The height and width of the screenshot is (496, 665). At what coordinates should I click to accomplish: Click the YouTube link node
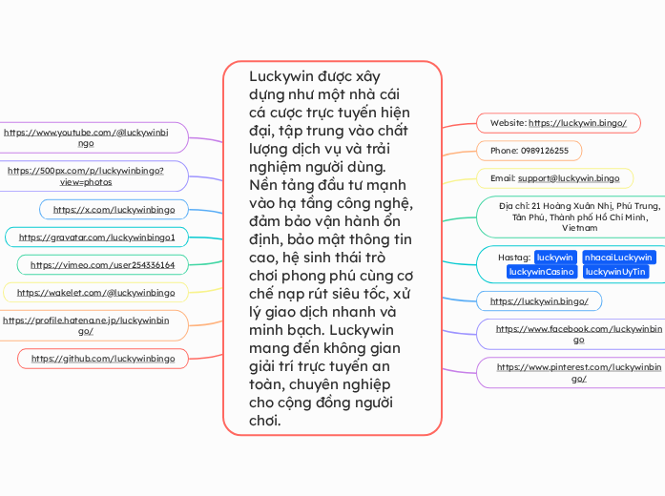87,138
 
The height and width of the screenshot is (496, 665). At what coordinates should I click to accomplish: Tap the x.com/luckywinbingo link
114,209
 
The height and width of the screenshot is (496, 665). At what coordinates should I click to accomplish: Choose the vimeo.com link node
102,264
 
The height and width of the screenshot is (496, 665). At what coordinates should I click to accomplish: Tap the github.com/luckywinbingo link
103,359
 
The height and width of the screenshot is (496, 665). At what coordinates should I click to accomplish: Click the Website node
558,123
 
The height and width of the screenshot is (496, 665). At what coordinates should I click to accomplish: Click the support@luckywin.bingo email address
569,178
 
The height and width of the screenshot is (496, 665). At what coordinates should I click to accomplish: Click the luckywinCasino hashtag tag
541,272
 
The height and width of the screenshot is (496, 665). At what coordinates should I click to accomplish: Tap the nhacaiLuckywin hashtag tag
618,258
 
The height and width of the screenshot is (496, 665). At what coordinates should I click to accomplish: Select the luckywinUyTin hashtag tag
615,272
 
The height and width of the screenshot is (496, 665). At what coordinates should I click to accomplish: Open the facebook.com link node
579,334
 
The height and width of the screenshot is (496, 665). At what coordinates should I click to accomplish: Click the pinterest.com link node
579,372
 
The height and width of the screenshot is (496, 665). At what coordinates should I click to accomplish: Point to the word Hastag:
514,258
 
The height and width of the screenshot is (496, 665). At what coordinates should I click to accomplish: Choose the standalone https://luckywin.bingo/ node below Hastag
539,301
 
